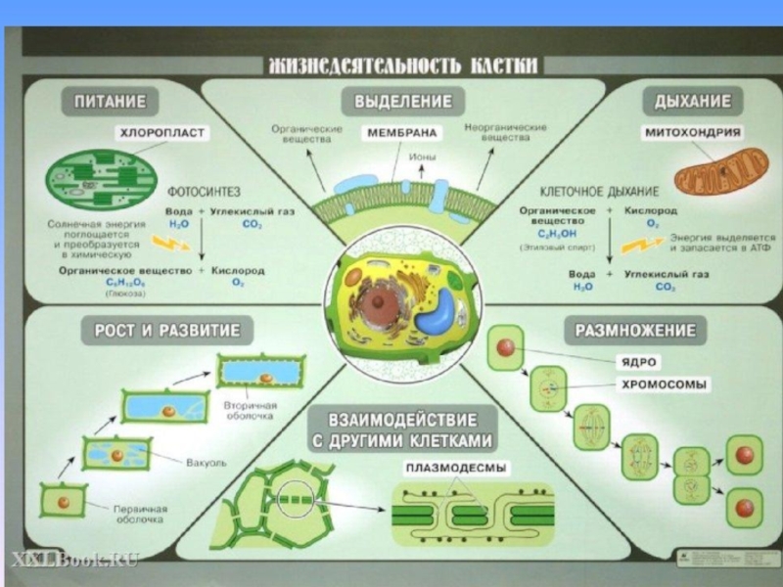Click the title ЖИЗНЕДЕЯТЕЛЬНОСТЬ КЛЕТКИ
pos(403,66)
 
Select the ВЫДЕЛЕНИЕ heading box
pos(402,101)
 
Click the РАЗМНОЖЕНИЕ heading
pos(635,330)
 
